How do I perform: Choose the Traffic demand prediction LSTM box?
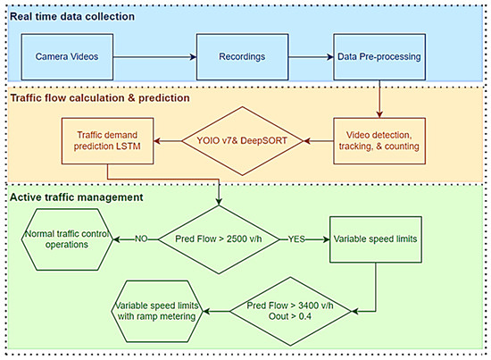tap(105, 140)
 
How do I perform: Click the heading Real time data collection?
tap(73, 16)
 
